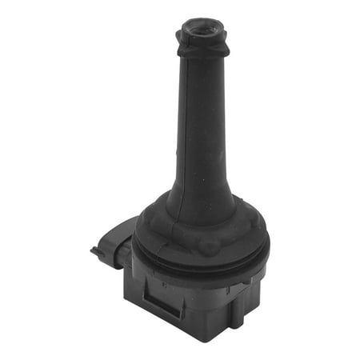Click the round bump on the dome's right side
click(254, 226)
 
